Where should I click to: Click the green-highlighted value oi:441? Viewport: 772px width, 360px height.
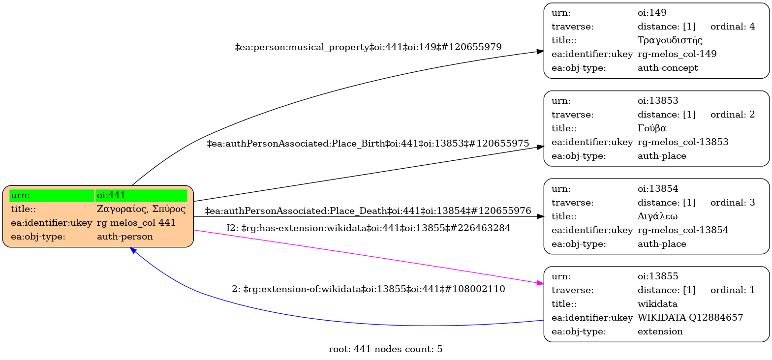(x=111, y=195)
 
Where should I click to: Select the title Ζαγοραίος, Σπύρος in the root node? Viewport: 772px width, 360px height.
(x=141, y=209)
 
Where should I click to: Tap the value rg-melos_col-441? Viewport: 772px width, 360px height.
(x=136, y=223)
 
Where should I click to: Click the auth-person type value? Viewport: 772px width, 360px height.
(x=125, y=237)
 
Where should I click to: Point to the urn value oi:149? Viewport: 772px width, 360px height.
(x=652, y=13)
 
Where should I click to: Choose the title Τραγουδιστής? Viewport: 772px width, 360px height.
(x=670, y=40)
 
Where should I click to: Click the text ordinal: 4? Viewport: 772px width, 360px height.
(x=732, y=27)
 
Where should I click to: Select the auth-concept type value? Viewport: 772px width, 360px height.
(x=668, y=68)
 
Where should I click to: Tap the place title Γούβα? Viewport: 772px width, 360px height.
(x=652, y=128)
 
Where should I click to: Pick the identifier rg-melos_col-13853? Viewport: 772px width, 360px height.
(x=683, y=142)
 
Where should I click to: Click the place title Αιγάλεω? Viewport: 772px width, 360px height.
(x=657, y=216)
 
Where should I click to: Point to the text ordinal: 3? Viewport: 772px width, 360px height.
(x=732, y=203)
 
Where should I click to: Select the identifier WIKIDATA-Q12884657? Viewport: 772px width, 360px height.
(x=690, y=318)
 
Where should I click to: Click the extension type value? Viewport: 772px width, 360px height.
(x=660, y=331)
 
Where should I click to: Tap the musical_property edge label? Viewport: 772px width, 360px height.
(x=368, y=47)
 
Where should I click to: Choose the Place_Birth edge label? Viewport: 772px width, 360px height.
(x=368, y=144)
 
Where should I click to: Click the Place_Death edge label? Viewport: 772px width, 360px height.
(x=368, y=211)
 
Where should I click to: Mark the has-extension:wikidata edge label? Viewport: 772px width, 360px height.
(x=368, y=228)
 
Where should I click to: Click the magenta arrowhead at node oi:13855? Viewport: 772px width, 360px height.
(x=540, y=283)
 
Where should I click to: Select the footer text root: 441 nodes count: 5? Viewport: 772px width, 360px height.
(x=385, y=349)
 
